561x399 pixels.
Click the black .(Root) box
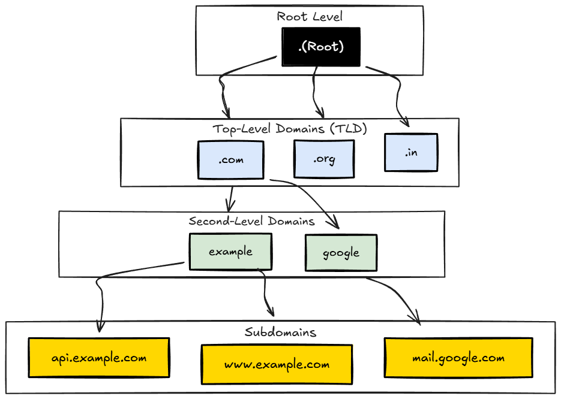pos(321,47)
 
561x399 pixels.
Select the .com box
pos(231,160)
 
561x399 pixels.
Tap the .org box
pos(324,159)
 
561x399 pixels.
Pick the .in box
pos(411,153)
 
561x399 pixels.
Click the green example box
pos(230,252)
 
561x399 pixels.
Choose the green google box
pos(341,252)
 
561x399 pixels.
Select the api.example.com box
pos(99,358)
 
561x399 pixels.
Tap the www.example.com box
pos(277,364)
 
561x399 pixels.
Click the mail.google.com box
pos(458,358)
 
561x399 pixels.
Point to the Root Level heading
pos(310,16)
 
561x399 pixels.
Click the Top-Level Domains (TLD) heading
pos(289,129)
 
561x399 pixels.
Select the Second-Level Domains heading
pos(251,221)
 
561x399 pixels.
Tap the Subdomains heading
pos(280,332)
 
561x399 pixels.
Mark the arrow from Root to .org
pos(315,90)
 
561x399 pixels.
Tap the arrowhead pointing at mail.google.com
pos(416,320)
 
